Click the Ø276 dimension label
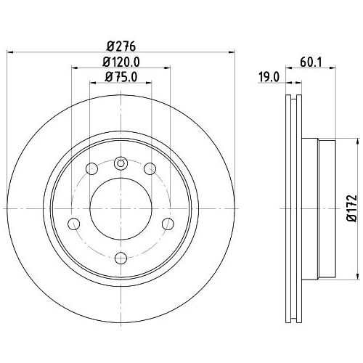(x=121, y=46)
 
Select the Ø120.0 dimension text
(x=121, y=62)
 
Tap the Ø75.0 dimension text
(x=121, y=77)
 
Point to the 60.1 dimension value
(x=311, y=62)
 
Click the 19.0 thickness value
(x=269, y=78)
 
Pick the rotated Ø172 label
(x=352, y=208)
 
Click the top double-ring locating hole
(x=121, y=163)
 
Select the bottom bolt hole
(x=121, y=258)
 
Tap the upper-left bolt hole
(x=92, y=168)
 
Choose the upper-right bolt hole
(x=150, y=168)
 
